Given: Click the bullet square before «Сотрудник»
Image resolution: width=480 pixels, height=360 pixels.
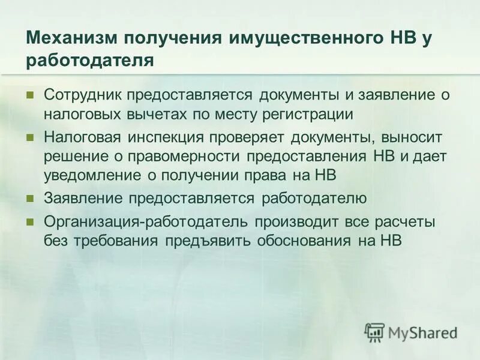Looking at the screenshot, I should click(30, 95).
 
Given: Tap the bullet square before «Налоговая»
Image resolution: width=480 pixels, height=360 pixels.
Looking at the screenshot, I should click(30, 138).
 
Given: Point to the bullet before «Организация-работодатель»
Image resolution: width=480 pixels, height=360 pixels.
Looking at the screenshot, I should click(30, 222).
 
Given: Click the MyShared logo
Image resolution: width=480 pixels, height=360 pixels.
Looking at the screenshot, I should click(412, 332).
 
